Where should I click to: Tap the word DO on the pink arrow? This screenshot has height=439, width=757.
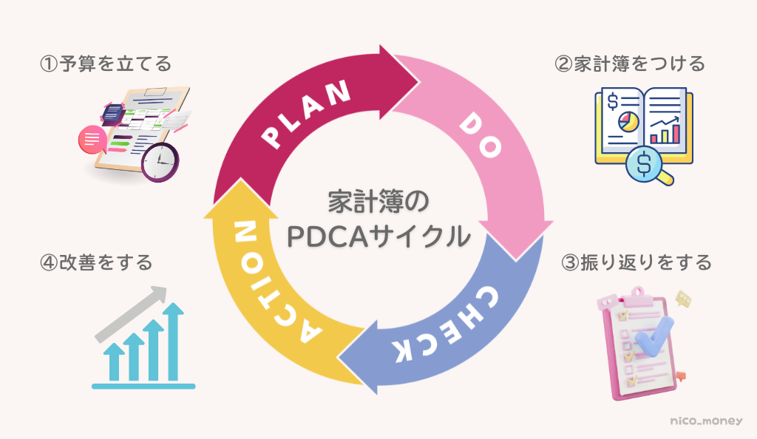click(481, 137)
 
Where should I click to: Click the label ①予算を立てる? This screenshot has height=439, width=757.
click(105, 64)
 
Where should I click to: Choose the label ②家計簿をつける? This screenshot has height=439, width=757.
click(630, 64)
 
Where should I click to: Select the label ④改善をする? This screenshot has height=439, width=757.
click(96, 262)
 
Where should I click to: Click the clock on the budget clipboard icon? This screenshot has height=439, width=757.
click(160, 160)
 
